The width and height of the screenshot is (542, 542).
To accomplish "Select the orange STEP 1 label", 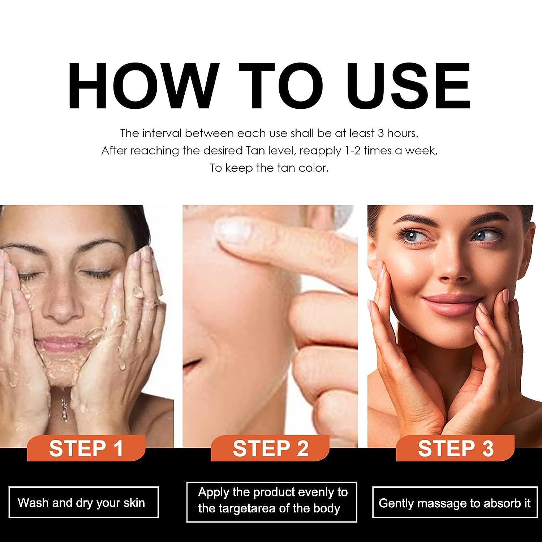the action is (x=86, y=448).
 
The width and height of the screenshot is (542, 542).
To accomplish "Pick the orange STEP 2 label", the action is (x=270, y=448).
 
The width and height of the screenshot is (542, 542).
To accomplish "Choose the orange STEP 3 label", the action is (x=455, y=448).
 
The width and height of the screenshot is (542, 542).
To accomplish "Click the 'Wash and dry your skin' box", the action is (x=83, y=502).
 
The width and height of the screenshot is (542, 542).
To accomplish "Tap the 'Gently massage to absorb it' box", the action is (x=454, y=502).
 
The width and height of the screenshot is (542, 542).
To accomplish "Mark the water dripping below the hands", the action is (x=64, y=401).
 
